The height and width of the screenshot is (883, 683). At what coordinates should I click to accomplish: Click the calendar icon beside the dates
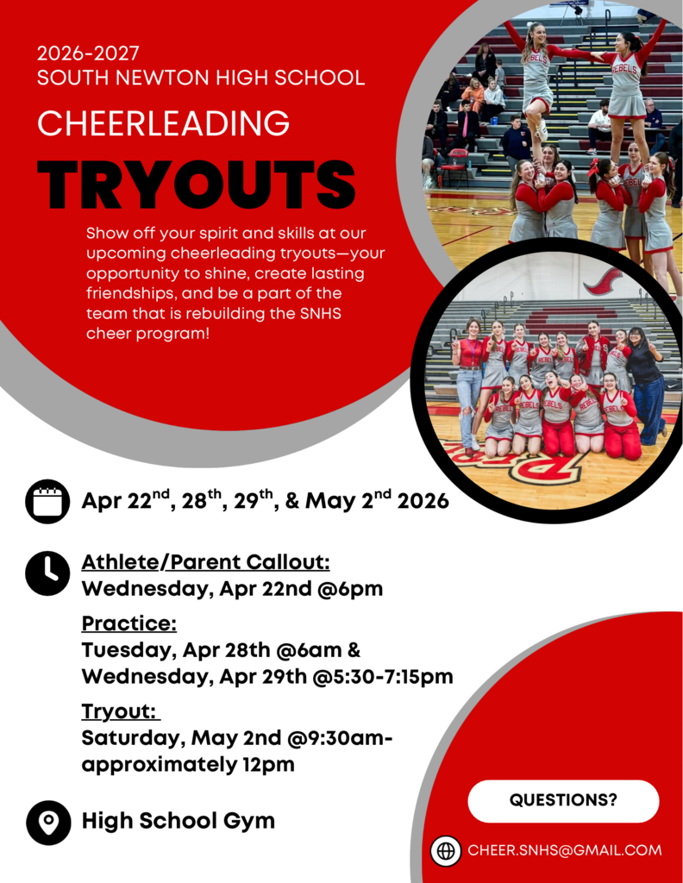click(x=47, y=502)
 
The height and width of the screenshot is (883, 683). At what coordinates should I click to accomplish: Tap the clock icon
click(x=47, y=573)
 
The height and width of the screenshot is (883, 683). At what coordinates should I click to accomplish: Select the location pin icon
click(x=48, y=822)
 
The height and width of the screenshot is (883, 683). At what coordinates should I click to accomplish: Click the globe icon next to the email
click(x=446, y=850)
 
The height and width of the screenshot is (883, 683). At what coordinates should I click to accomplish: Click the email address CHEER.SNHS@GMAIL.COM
click(x=565, y=850)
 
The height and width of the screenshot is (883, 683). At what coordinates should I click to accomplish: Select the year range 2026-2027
click(x=88, y=53)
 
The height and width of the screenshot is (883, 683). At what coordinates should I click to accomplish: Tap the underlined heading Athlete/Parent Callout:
click(x=205, y=563)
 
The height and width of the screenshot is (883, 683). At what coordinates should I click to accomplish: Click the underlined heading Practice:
click(x=129, y=623)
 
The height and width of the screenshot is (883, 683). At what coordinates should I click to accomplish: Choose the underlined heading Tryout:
click(x=121, y=711)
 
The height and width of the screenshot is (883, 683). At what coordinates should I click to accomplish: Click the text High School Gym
click(x=179, y=821)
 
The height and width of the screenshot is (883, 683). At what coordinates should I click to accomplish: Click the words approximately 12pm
click(x=188, y=765)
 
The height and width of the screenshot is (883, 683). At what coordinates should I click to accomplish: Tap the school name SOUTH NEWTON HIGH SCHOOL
click(x=201, y=78)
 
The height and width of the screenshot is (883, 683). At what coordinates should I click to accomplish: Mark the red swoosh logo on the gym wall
click(x=602, y=281)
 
